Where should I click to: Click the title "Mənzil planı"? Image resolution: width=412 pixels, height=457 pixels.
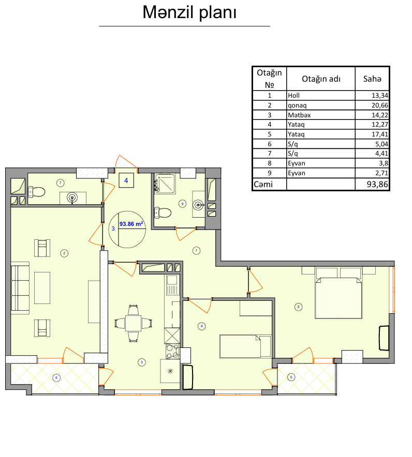pyautogui.click(x=189, y=12)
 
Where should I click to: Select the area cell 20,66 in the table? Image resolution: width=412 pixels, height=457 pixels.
pyautogui.click(x=379, y=105)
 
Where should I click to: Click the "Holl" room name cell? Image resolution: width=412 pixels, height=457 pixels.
pyautogui.click(x=293, y=95)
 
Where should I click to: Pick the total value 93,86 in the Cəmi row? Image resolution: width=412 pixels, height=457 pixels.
pyautogui.click(x=377, y=184)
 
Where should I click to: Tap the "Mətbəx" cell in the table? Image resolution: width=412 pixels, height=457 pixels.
pyautogui.click(x=299, y=115)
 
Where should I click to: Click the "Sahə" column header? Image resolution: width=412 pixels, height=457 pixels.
pyautogui.click(x=372, y=79)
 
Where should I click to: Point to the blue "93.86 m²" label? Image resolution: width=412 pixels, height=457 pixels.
pyautogui.click(x=131, y=224)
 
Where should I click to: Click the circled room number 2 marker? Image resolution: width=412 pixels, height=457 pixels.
pyautogui.click(x=64, y=253)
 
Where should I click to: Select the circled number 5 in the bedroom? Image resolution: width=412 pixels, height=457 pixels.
pyautogui.click(x=298, y=307)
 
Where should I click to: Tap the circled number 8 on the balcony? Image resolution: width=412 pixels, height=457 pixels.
pyautogui.click(x=56, y=378)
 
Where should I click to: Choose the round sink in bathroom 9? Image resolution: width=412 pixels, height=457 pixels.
pyautogui.click(x=198, y=205)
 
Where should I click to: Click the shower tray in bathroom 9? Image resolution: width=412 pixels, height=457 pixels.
pyautogui.click(x=165, y=184)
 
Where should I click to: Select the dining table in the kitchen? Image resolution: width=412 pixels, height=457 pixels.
pyautogui.click(x=134, y=323)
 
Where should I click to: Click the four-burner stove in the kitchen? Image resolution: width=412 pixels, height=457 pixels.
pyautogui.click(x=172, y=351)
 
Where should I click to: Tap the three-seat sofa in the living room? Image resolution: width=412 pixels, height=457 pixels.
pyautogui.click(x=20, y=288)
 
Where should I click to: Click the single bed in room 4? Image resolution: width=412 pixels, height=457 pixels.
pyautogui.click(x=245, y=346)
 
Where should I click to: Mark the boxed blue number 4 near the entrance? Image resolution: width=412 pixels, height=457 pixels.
pyautogui.click(x=126, y=181)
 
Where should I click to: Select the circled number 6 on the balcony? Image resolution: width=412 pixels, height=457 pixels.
pyautogui.click(x=291, y=377)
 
